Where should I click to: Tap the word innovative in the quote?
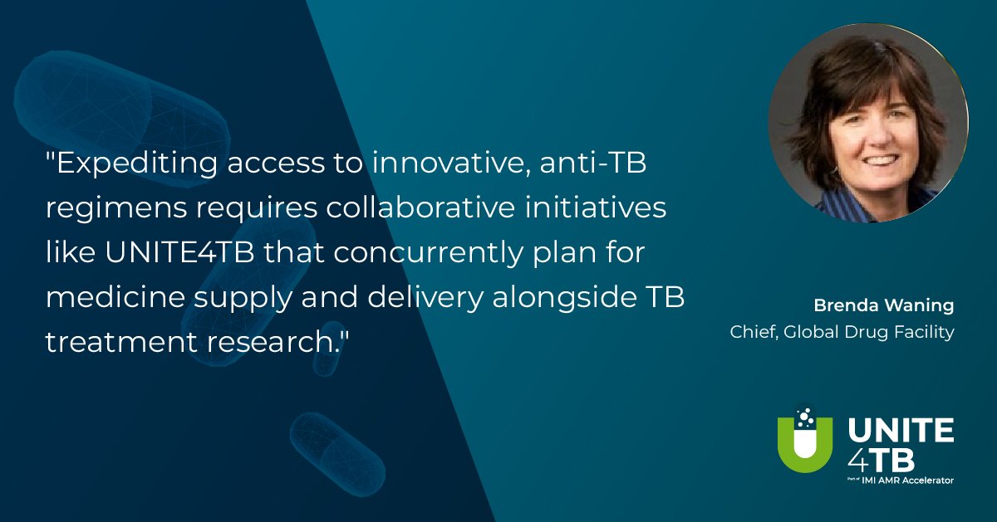tap(451, 163)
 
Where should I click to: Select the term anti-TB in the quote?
tap(593, 163)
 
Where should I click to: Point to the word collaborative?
tap(420, 207)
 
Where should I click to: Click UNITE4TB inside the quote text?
tap(179, 252)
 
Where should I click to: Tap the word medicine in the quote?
tap(115, 297)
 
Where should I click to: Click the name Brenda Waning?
tap(884, 306)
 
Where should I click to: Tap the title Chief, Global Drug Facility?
tap(842, 332)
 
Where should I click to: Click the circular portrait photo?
tap(868, 123)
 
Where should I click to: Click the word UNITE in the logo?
tap(901, 430)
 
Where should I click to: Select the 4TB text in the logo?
tap(882, 461)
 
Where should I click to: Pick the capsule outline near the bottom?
tap(337, 453)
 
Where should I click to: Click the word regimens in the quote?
tap(116, 209)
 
